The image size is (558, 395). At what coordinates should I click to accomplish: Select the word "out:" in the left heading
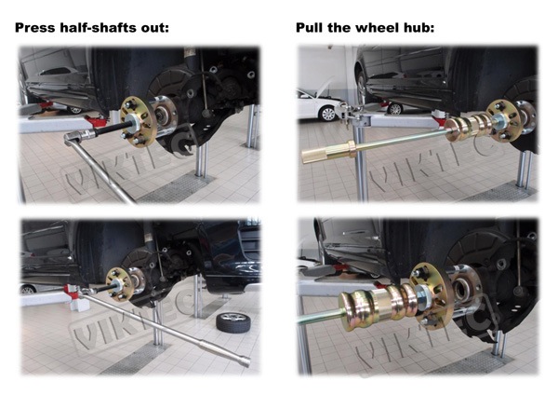click(155, 28)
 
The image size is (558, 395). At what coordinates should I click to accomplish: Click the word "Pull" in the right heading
click(310, 28)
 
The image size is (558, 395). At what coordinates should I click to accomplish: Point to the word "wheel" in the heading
click(374, 28)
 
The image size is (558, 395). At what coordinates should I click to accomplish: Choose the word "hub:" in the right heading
click(417, 28)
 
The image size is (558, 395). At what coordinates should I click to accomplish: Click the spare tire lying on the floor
click(233, 322)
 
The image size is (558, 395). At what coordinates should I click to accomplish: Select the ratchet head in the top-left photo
click(80, 137)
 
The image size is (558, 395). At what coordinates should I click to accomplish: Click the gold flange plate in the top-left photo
click(139, 121)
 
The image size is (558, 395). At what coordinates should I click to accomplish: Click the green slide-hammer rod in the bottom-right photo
click(318, 317)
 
